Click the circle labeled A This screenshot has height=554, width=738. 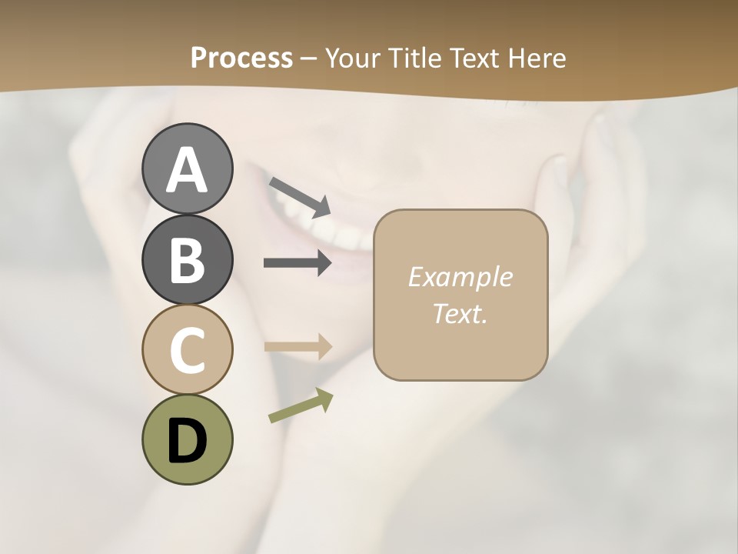(x=187, y=169)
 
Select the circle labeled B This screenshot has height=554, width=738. (x=187, y=259)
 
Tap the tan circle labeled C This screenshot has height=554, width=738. (x=187, y=349)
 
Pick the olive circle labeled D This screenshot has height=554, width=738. (x=187, y=439)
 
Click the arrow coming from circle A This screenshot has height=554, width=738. (x=300, y=196)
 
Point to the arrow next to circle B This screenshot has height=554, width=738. (x=298, y=263)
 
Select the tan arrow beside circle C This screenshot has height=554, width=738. (x=298, y=346)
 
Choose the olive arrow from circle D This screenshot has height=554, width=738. (x=301, y=405)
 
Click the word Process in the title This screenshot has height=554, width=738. (x=241, y=58)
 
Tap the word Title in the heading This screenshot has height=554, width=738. (x=415, y=58)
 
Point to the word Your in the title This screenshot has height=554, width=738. (x=352, y=58)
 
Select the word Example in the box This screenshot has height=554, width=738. (x=460, y=277)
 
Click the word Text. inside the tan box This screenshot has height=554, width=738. (x=460, y=313)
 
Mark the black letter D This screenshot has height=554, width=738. (x=187, y=440)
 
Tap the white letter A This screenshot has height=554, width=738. (x=187, y=170)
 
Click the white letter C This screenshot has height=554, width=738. (x=187, y=350)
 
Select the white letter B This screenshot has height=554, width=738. (x=187, y=260)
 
